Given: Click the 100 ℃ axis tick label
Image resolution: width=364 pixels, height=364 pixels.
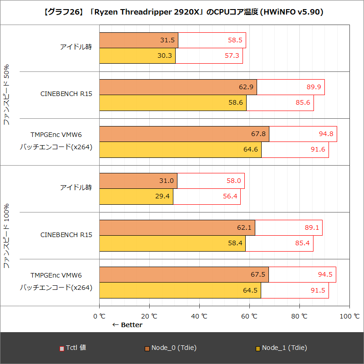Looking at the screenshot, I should (349, 316).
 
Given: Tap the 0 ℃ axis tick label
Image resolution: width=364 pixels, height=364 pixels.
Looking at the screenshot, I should (99, 316).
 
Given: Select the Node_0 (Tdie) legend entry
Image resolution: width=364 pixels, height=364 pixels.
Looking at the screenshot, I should (171, 348).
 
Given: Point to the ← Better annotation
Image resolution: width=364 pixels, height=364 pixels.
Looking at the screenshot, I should (127, 325).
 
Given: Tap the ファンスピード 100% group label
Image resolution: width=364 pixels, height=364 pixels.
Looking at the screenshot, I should (7, 236).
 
